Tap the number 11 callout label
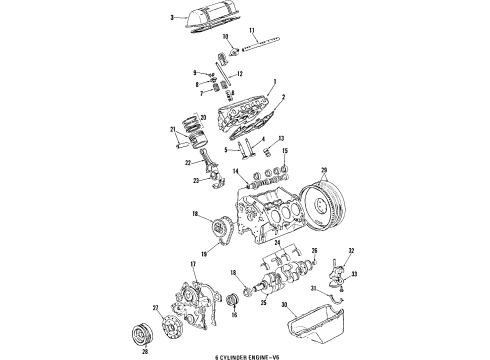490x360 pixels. pyautogui.click(x=251, y=31)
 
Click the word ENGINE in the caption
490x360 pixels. pyautogui.click(x=261, y=355)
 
